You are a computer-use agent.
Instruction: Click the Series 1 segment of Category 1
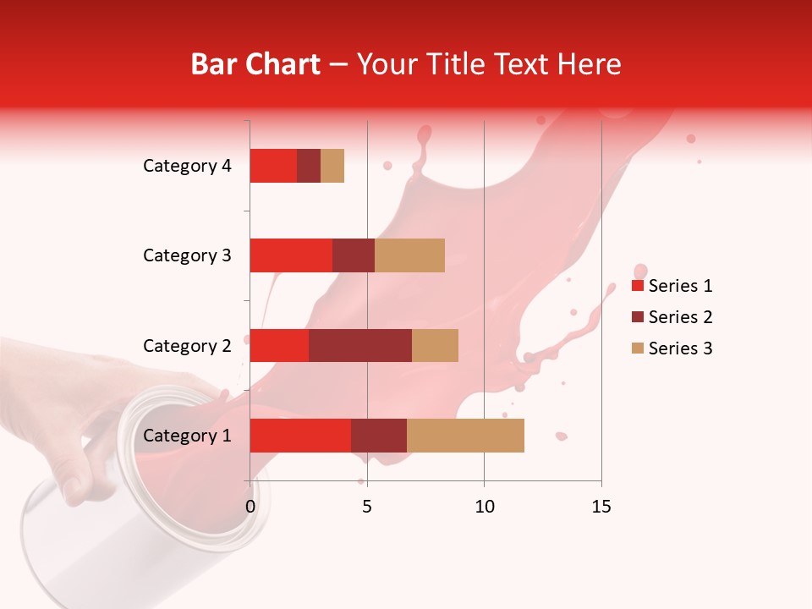point(300,436)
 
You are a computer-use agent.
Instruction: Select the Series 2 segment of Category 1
point(379,436)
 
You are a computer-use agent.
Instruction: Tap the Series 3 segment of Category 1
point(465,436)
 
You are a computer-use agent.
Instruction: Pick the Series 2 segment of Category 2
point(360,345)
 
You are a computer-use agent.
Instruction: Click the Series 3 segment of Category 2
point(435,345)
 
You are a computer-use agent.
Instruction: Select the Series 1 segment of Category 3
point(291,255)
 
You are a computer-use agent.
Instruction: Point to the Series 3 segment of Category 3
point(409,255)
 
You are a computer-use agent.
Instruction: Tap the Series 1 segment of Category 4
point(273,166)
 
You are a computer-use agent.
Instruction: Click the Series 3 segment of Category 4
point(332,166)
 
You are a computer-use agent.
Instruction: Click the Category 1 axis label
point(187,436)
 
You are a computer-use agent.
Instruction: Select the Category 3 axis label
point(187,255)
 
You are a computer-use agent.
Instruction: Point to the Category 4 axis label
point(187,166)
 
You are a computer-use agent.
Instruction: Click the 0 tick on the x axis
point(250,507)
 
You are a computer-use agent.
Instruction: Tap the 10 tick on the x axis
point(484,507)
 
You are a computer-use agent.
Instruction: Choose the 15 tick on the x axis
point(601,507)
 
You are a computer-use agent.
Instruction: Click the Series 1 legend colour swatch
point(637,286)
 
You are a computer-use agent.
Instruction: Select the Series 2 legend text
point(681,317)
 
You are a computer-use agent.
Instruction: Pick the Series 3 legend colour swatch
point(637,348)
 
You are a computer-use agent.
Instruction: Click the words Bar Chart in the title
point(255,64)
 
